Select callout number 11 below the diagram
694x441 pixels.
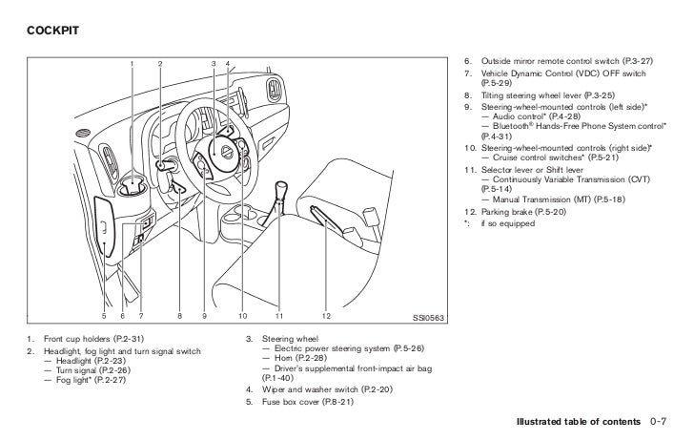click(x=279, y=315)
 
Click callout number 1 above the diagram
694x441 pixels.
click(x=133, y=64)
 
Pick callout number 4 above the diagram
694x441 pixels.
click(x=229, y=64)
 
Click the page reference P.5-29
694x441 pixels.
click(x=487, y=85)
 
